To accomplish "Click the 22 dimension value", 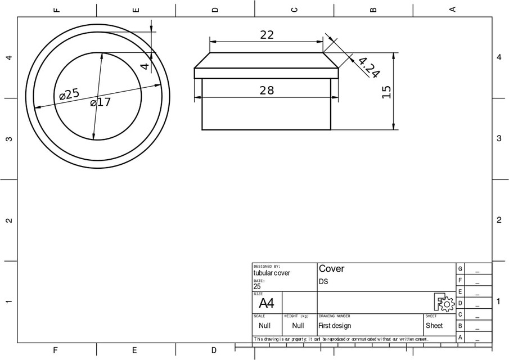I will pyautogui.click(x=267, y=35).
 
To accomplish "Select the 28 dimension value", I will pyautogui.click(x=267, y=90).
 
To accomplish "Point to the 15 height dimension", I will pyautogui.click(x=386, y=92).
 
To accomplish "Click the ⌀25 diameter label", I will pyautogui.click(x=70, y=94).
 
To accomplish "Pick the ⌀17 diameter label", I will pyautogui.click(x=101, y=102).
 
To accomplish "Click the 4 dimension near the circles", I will pyautogui.click(x=145, y=66).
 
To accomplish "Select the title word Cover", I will pyautogui.click(x=331, y=269).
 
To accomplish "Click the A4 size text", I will pyautogui.click(x=266, y=304).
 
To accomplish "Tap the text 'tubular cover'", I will pyautogui.click(x=272, y=273).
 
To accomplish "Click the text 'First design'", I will pyautogui.click(x=335, y=326).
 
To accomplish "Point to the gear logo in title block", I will pyautogui.click(x=444, y=303).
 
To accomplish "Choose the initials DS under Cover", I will pyautogui.click(x=323, y=281).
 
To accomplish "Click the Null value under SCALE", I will pyautogui.click(x=264, y=326).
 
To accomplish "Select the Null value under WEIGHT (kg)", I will pyautogui.click(x=298, y=326).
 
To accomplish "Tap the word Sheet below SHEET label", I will pyautogui.click(x=434, y=326).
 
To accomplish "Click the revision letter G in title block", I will pyautogui.click(x=460, y=269).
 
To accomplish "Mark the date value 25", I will pyautogui.click(x=257, y=286).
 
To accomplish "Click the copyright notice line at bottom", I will pyautogui.click(x=341, y=339).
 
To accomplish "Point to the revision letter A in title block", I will pyautogui.click(x=460, y=337).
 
